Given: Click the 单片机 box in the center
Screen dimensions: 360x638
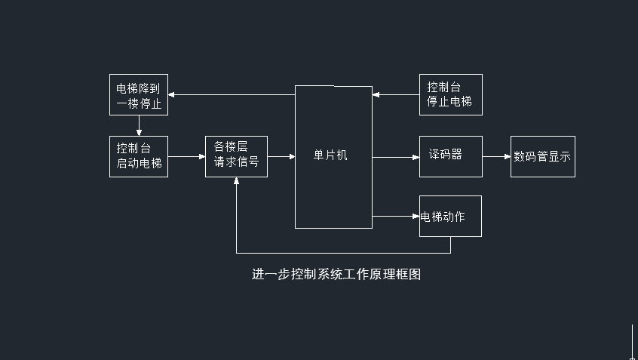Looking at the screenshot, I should coord(333,156).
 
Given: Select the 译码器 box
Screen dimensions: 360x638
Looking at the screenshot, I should coord(450,156).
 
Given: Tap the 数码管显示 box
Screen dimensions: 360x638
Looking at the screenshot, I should coord(542,157).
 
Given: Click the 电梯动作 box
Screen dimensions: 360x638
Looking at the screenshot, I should coord(450,217).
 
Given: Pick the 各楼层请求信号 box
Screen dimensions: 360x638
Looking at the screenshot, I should coord(236,156).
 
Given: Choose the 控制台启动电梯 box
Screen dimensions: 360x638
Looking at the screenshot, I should coord(139,156).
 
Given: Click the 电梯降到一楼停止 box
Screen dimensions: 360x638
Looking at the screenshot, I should coord(139,94).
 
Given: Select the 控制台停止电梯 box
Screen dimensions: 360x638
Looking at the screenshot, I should coord(450,94).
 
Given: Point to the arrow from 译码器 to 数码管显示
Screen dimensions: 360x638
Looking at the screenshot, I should coord(496,157).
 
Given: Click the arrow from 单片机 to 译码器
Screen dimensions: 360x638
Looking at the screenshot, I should coord(395,157).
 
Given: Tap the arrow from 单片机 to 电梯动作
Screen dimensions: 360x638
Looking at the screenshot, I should coord(395,217).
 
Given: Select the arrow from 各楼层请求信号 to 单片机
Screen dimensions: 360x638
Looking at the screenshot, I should coord(281,157).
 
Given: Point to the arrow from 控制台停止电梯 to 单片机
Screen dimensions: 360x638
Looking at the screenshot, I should coord(396,94).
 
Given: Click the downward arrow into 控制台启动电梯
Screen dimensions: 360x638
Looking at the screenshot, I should coord(139,126).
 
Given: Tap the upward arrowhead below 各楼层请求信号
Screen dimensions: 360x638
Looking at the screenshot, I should coord(237,182).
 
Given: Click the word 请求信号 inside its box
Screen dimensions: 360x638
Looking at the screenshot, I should coord(236,162).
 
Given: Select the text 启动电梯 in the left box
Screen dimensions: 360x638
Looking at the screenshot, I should coord(139,163).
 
